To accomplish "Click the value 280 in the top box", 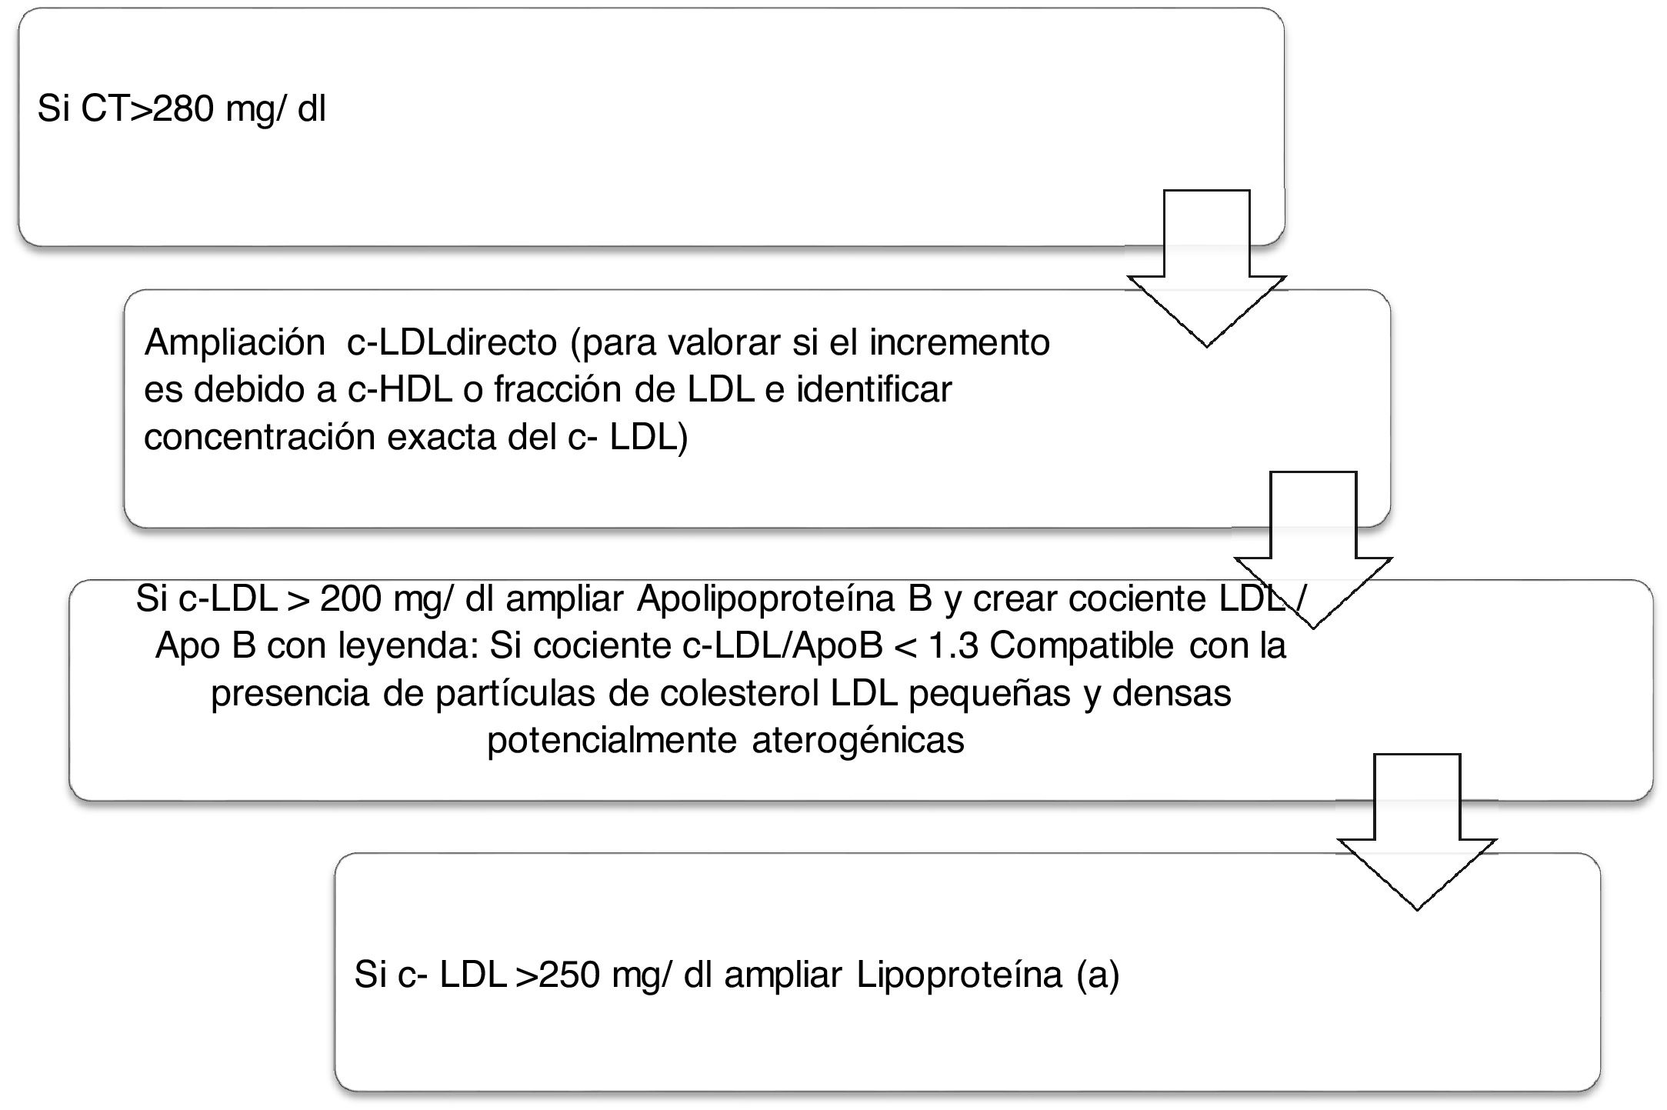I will [182, 109].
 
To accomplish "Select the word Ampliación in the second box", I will [234, 343].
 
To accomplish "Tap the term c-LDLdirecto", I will [452, 343].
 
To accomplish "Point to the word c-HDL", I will [399, 390].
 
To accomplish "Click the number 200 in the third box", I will [350, 599].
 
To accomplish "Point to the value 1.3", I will [952, 646].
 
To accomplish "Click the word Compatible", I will [1082, 646].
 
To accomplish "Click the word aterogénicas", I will [858, 741].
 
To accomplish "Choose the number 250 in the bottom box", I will [569, 975].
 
